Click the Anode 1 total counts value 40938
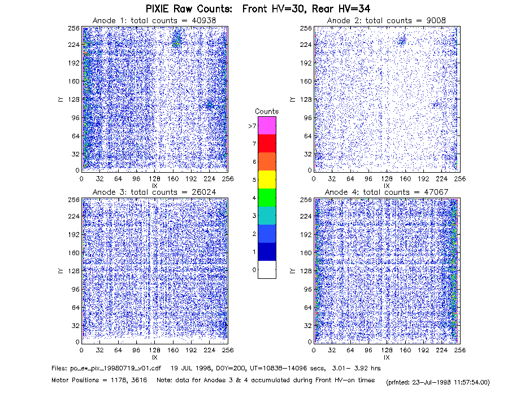click(203, 20)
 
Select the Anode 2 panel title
click(387, 20)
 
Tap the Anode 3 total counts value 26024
click(203, 192)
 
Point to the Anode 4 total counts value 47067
click(436, 192)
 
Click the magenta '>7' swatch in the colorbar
click(267, 125)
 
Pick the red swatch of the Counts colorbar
click(267, 143)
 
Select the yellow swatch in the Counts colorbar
click(267, 180)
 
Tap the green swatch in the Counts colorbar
click(267, 198)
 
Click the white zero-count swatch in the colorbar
click(267, 269)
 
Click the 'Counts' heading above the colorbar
click(267, 111)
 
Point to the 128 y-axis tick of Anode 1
click(74, 99)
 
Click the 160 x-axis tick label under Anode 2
click(405, 179)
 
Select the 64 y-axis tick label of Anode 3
click(76, 308)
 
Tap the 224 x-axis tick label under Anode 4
click(441, 351)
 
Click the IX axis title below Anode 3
click(155, 357)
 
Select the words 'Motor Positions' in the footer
click(75, 380)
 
